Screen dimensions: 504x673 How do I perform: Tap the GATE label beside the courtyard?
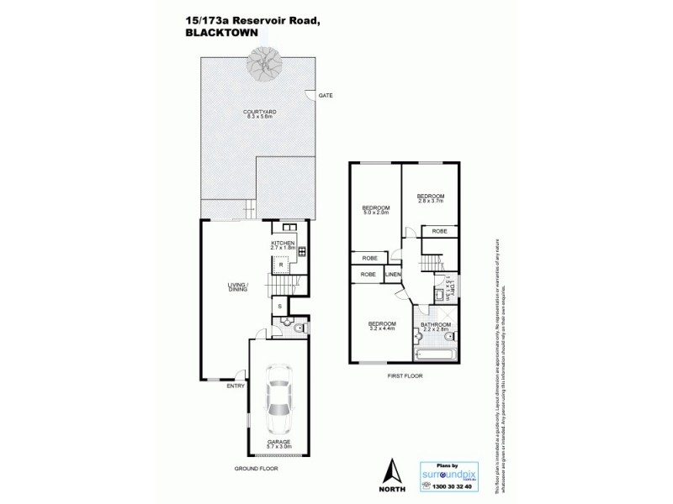click(x=326, y=96)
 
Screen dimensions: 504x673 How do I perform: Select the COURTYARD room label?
click(x=258, y=113)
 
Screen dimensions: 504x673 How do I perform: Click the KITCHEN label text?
click(x=282, y=244)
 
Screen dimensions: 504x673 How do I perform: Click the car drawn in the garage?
click(x=279, y=402)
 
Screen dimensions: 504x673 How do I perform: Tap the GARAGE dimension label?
click(x=279, y=446)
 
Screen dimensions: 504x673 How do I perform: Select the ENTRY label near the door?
click(x=235, y=387)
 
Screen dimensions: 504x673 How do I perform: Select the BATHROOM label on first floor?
click(x=436, y=327)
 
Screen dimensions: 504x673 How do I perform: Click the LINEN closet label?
click(x=393, y=275)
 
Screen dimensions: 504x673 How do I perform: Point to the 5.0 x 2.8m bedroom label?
click(x=376, y=211)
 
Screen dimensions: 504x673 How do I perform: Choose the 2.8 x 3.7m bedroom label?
click(x=430, y=198)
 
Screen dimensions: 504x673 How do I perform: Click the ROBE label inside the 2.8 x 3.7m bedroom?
click(x=439, y=231)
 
